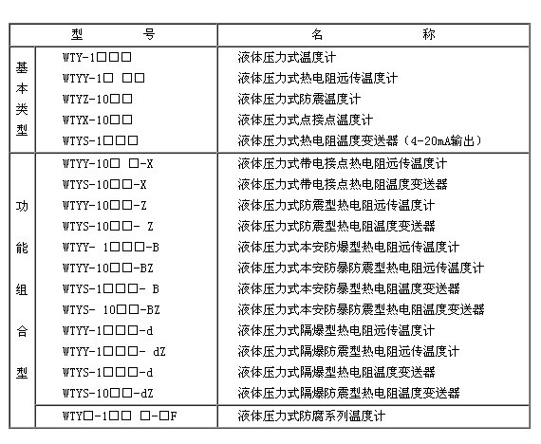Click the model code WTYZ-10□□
click(98, 100)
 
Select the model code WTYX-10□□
click(98, 120)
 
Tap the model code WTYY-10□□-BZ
click(108, 268)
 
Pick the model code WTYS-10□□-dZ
click(108, 393)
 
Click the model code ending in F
click(120, 416)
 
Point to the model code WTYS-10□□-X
click(104, 185)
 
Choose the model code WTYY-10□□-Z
click(104, 206)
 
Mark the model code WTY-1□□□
click(97, 57)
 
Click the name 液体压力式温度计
click(287, 57)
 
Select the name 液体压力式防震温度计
click(299, 100)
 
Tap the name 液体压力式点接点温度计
click(306, 120)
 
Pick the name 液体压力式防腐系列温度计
click(311, 416)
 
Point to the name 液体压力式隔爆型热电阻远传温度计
click(336, 330)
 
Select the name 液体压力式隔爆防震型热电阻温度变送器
click(349, 393)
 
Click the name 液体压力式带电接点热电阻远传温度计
click(343, 163)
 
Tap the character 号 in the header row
click(149, 34)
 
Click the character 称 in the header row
click(429, 34)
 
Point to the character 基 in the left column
click(22, 67)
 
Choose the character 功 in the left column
click(22, 206)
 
